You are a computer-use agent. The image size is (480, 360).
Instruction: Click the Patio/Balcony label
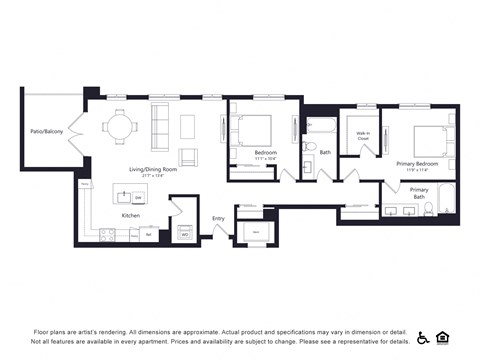pos(46,131)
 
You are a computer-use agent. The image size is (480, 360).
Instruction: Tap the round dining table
pos(121,127)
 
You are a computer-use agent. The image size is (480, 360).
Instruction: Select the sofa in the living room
pos(160,126)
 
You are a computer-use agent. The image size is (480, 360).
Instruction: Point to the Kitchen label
pos(131,215)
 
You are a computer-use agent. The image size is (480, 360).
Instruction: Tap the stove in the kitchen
pos(107,235)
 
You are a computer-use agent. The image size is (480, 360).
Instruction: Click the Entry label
pos(218,219)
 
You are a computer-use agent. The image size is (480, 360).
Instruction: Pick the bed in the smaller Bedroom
pos(254,131)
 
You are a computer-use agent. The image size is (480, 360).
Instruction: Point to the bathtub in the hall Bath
pos(323,126)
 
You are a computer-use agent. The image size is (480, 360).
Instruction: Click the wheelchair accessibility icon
pos(423,338)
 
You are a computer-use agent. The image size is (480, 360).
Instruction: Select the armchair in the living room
pos(187,156)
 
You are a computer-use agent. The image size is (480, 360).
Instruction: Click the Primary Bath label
pos(419,192)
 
